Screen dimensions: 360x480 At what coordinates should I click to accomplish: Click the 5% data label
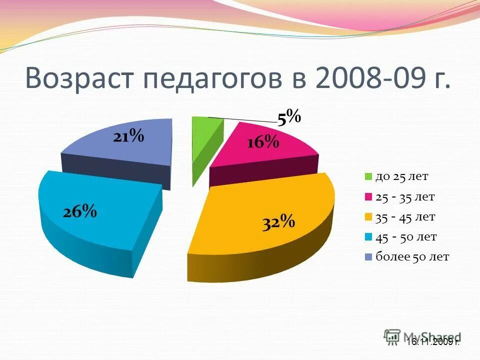(289, 118)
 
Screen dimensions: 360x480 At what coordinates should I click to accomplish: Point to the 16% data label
(262, 142)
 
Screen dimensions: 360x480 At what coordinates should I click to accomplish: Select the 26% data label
(80, 211)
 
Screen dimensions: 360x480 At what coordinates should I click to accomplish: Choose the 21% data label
(128, 135)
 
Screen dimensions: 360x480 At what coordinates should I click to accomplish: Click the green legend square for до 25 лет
(368, 176)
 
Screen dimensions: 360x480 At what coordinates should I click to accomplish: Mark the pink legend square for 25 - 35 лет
(368, 197)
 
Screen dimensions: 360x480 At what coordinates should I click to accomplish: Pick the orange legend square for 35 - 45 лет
(368, 217)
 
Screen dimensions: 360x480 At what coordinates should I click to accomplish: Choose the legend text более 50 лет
(412, 257)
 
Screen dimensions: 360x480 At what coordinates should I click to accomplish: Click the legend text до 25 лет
(402, 176)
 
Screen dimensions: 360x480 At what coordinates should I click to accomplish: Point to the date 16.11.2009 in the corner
(432, 342)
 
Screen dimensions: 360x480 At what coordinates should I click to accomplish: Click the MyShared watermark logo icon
(392, 336)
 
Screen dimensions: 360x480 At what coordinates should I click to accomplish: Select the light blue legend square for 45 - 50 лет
(368, 237)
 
